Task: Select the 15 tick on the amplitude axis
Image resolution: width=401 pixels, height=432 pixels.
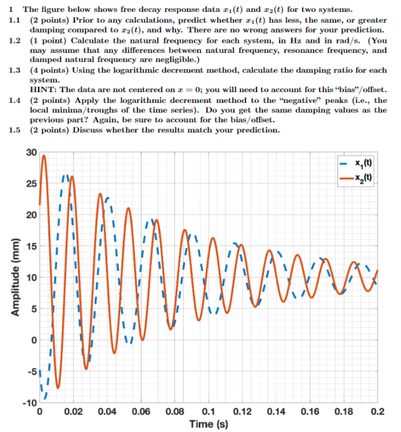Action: point(31,247)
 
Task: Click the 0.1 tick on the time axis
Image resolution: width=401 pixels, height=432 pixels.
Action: point(209,412)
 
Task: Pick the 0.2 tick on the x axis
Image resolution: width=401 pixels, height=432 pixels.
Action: point(377,412)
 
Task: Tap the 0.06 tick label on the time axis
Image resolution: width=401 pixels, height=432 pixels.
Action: point(141,412)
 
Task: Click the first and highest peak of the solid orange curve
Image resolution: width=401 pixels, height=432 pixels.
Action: point(43,155)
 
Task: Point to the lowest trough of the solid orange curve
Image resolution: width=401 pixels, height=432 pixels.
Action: point(58,388)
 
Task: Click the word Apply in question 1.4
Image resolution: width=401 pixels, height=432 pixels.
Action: point(84,100)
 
